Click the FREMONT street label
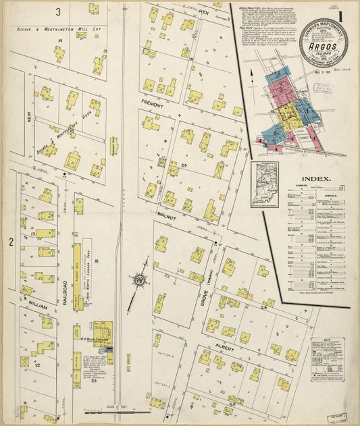pos(154,103)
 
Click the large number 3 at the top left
pos(59,11)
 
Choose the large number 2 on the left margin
pos(11,241)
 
